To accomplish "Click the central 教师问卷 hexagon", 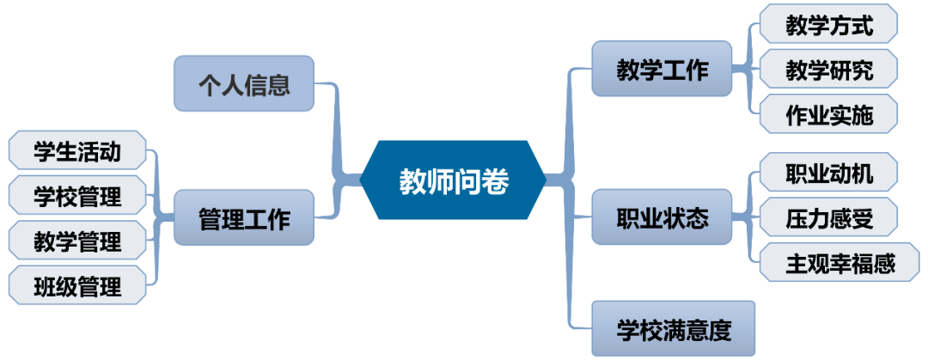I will click(x=454, y=180).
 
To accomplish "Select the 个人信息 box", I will click(x=243, y=84).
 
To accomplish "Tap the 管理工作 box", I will click(x=243, y=218).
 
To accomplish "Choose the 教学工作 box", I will click(x=662, y=70).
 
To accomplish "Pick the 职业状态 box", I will click(x=662, y=218).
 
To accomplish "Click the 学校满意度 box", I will click(x=674, y=328).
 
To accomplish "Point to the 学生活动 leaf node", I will click(x=77, y=153).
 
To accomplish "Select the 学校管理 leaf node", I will click(x=77, y=197).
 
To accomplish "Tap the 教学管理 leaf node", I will click(x=77, y=241).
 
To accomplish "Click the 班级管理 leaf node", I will click(x=77, y=285).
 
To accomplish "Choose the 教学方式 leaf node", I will click(x=828, y=26).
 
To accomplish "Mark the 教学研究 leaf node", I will click(x=828, y=70).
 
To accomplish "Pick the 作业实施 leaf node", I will click(x=828, y=114).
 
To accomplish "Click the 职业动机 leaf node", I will click(x=828, y=174).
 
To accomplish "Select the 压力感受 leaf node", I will click(x=828, y=218).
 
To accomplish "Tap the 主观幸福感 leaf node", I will click(x=828, y=263).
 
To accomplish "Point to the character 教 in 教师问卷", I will click(x=413, y=181).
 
